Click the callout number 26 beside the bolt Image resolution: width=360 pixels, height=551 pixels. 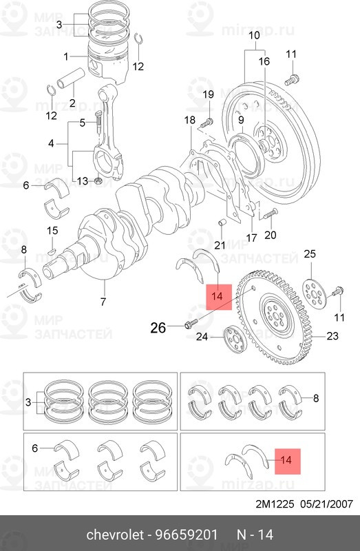coord(158,327)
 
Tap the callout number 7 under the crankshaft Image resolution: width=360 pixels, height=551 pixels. coord(103,302)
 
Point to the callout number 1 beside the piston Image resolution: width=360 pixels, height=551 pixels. coord(66,56)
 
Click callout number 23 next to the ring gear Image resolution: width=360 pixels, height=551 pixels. coord(332,336)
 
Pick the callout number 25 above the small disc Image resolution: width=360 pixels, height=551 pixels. coord(310,255)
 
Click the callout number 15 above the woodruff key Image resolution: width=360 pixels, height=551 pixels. coord(52,230)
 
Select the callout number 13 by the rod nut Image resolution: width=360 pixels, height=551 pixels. coord(82,181)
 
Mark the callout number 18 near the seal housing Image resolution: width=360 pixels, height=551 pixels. coord(190,121)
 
